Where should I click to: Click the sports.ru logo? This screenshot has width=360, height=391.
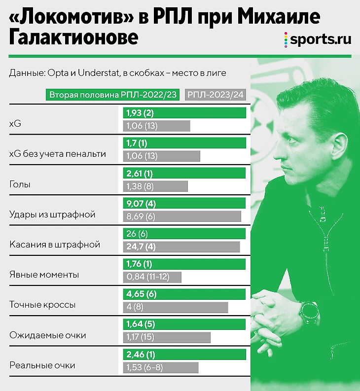[x=318, y=40]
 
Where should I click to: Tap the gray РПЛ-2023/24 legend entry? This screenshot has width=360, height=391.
[x=216, y=95]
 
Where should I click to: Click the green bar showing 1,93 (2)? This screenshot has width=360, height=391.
[x=184, y=113]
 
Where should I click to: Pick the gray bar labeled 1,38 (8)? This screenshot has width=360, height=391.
[x=155, y=186]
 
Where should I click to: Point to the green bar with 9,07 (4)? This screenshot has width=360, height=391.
[x=184, y=204]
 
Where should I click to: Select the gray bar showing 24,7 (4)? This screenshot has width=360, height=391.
[x=181, y=246]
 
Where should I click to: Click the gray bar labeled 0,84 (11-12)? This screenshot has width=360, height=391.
[x=152, y=277]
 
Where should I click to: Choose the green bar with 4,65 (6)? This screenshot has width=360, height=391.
[x=184, y=294]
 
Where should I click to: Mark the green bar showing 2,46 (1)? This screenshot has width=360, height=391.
[x=184, y=355]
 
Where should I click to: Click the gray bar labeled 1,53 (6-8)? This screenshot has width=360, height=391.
[x=160, y=367]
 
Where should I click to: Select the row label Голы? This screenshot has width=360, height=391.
[x=20, y=184]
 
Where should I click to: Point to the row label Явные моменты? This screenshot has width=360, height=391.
[x=44, y=275]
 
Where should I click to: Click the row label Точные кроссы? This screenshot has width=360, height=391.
[x=42, y=305]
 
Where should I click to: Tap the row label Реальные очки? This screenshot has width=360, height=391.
[x=42, y=365]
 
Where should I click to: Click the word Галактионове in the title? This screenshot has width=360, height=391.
[x=73, y=38]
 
